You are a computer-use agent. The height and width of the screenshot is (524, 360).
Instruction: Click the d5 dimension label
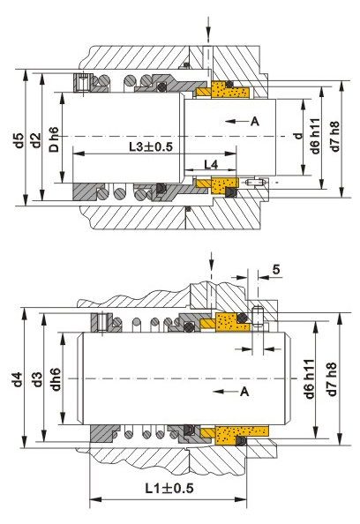[20, 140]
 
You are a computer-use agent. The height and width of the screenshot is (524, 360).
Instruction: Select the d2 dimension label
[36, 140]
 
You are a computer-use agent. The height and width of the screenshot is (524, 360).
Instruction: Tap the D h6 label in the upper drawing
[54, 139]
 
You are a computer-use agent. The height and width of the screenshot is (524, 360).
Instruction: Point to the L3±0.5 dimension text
[151, 146]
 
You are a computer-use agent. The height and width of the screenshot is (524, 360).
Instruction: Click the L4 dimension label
[211, 164]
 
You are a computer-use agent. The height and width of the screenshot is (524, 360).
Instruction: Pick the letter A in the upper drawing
[255, 121]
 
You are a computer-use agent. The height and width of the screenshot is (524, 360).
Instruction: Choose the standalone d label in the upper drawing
[298, 136]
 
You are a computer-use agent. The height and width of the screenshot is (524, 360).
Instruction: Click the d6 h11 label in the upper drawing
[315, 136]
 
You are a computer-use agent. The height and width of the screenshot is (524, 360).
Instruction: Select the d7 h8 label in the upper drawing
[335, 136]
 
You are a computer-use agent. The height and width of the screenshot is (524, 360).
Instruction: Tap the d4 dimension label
[18, 378]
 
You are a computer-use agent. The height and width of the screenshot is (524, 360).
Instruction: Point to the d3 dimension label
[38, 378]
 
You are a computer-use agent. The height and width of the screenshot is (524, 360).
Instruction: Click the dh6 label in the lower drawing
[56, 378]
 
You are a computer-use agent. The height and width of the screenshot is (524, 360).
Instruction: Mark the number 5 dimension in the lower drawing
[276, 269]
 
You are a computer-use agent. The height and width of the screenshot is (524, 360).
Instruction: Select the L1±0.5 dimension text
[169, 488]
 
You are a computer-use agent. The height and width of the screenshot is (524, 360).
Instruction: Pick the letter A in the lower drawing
[244, 391]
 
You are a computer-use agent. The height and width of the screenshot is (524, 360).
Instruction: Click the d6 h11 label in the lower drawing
[309, 379]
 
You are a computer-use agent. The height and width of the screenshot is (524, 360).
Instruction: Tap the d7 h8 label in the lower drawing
[332, 379]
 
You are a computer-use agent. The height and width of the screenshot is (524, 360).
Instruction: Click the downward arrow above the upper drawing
[208, 28]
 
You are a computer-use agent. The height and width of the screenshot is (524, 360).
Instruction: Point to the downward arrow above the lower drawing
[211, 264]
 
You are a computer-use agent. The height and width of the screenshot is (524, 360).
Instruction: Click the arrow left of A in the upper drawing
[236, 121]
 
